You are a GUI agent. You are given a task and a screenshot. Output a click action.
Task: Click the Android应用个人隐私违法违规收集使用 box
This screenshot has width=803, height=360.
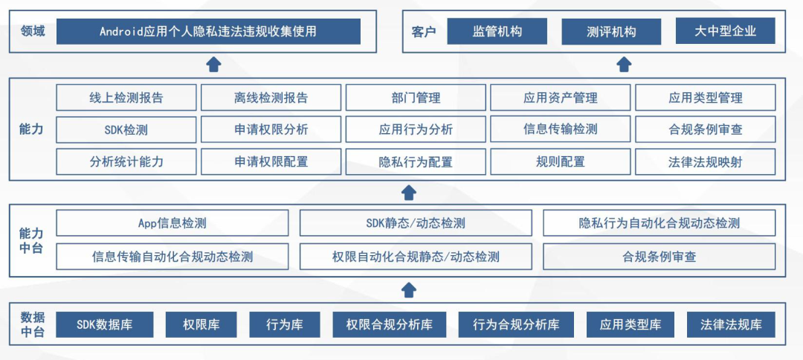208,31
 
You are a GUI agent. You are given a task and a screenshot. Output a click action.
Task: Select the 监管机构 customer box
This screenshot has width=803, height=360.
497,31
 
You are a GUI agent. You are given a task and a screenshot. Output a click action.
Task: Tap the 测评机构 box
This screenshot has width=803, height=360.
611,32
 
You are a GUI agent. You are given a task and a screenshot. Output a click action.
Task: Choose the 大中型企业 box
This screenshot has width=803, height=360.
725,31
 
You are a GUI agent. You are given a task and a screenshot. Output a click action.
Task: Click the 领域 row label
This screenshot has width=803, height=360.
33,31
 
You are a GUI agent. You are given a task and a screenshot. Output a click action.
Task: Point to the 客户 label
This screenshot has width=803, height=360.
423,32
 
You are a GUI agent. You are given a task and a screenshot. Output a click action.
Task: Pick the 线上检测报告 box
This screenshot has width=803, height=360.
126,97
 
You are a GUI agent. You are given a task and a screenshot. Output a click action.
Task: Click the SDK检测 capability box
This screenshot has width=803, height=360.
126,129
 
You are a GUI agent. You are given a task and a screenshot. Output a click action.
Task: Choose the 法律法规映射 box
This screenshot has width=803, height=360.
705,161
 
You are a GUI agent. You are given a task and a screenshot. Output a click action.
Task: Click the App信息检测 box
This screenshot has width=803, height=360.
172,223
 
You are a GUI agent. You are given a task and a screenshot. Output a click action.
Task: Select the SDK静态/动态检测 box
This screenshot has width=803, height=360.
416,223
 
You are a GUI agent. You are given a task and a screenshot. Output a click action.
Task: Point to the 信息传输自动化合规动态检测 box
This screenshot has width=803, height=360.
172,257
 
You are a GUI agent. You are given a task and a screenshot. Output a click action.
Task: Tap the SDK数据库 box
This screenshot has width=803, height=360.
105,324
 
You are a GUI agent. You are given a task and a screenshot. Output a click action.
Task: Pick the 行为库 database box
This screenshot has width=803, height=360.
285,324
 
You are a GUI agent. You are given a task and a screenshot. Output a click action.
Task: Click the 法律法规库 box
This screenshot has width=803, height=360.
731,324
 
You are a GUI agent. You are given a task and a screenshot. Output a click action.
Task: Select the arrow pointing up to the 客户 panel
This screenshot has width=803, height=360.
624,65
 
